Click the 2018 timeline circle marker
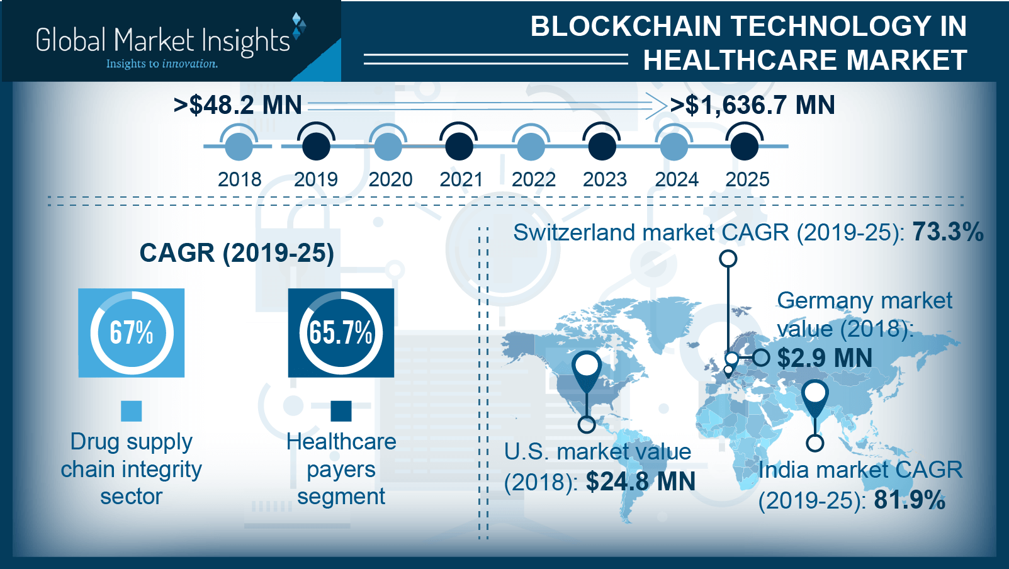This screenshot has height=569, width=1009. (239, 146)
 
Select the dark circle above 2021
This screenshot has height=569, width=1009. (459, 145)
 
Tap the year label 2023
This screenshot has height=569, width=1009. (604, 180)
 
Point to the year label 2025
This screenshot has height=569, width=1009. (747, 180)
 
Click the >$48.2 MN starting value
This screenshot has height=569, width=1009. (238, 105)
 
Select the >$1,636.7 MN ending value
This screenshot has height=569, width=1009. (752, 105)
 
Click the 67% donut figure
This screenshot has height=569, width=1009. (132, 332)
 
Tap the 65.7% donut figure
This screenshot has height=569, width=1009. (341, 332)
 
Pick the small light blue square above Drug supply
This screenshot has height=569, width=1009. (132, 411)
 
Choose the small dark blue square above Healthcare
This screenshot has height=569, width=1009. (341, 411)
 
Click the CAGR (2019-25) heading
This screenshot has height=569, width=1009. (237, 253)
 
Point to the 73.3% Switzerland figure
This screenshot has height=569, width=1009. (948, 232)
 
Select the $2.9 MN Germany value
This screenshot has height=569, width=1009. (825, 358)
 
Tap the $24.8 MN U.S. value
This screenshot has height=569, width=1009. (640, 482)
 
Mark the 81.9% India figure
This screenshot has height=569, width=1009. (910, 500)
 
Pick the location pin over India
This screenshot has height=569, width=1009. (815, 396)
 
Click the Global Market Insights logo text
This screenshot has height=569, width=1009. (162, 40)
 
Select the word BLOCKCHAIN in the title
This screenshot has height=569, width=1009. (626, 26)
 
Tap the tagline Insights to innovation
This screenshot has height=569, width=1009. (162, 64)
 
